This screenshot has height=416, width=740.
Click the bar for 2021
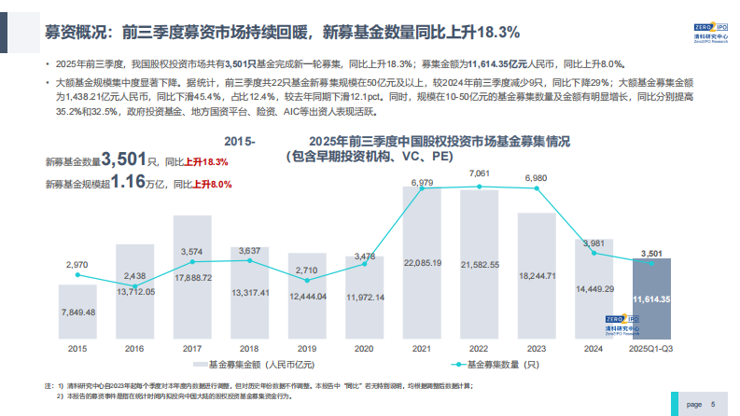[422, 261]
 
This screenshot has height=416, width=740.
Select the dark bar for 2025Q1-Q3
[651, 298]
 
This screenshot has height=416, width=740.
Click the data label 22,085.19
[422, 264]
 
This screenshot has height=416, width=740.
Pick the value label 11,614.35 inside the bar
[651, 299]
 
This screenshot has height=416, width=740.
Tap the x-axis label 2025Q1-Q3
[651, 348]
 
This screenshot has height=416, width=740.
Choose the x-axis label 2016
[135, 348]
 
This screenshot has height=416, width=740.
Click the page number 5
[712, 405]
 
